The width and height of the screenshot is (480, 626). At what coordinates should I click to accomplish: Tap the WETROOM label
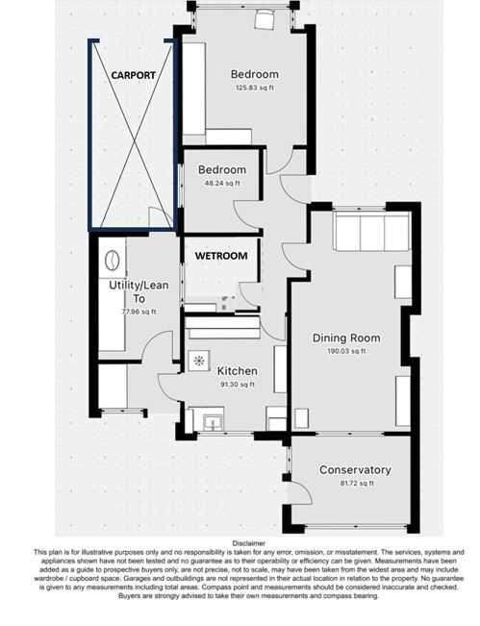(221, 257)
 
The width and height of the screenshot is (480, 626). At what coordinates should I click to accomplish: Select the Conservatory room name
(355, 470)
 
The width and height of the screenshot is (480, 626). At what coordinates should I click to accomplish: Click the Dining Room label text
(346, 338)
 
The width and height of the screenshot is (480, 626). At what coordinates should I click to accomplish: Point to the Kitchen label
(237, 371)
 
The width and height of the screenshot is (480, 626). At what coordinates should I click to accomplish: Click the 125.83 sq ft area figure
(255, 88)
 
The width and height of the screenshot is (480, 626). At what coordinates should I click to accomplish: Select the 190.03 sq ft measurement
(346, 351)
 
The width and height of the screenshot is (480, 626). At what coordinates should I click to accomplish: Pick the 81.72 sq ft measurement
(355, 483)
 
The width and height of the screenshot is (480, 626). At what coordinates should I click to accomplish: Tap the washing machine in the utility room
(112, 260)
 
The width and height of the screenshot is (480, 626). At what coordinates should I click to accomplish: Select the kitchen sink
(212, 420)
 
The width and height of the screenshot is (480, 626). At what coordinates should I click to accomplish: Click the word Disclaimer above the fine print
(240, 543)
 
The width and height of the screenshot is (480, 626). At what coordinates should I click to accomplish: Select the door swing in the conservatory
(298, 494)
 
